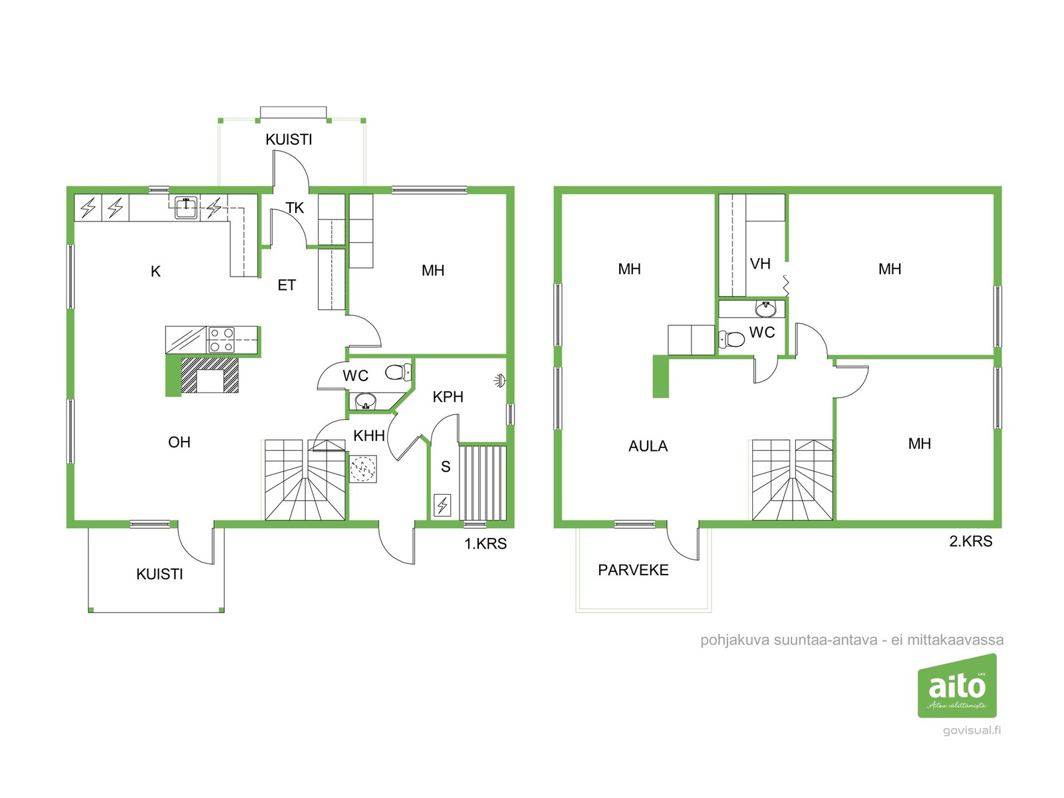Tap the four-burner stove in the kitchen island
click(x=221, y=340)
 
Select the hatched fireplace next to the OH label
click(x=210, y=375)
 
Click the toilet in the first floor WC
click(x=398, y=372)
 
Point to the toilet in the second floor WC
click(x=731, y=339)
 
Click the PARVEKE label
click(x=633, y=570)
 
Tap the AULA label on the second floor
click(x=648, y=446)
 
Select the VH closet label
click(x=760, y=263)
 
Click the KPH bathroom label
click(x=448, y=397)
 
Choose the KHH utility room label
click(x=369, y=436)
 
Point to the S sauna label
click(x=446, y=467)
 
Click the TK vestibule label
click(x=295, y=208)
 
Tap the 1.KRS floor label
click(x=485, y=543)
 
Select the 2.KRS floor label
click(x=970, y=541)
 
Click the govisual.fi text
click(x=972, y=730)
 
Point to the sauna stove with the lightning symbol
click(x=442, y=505)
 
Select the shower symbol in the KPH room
click(x=499, y=380)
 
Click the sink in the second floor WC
click(x=765, y=308)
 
